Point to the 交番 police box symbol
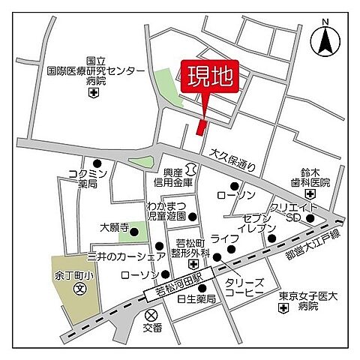(x=152, y=315)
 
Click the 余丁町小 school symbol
(x=77, y=288)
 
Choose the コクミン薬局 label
(x=88, y=178)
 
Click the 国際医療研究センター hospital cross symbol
(x=94, y=93)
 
